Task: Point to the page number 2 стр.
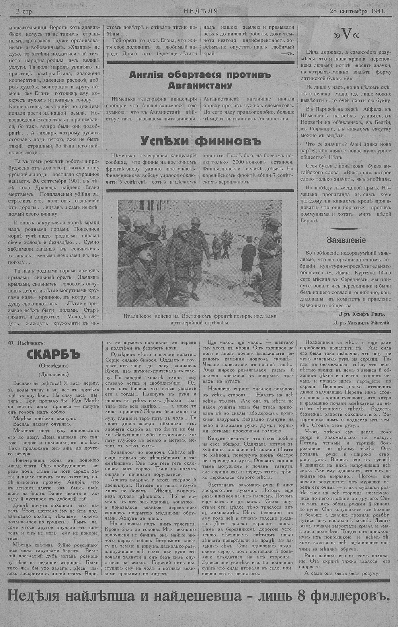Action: point(25,12)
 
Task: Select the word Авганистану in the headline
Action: point(196,86)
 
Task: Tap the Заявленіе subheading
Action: point(346,241)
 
